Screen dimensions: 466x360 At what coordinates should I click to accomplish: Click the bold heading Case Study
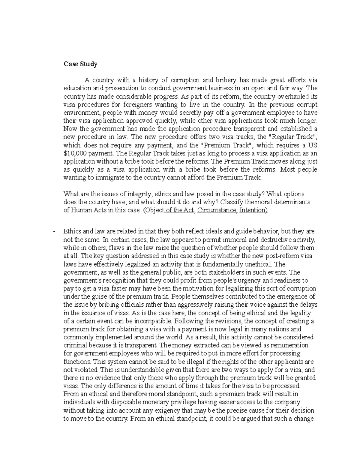point(80,64)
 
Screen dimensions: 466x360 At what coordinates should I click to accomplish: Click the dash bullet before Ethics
point(54,232)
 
